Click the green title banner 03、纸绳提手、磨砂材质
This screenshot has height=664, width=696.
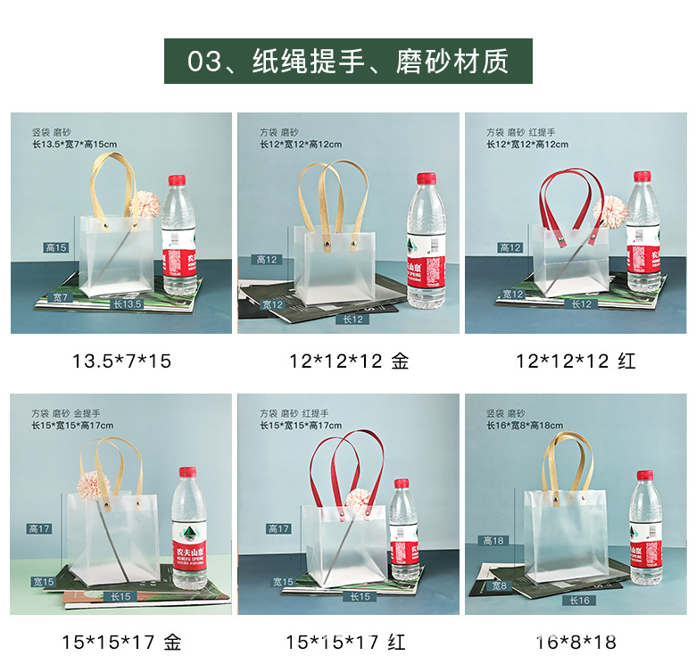click(348, 62)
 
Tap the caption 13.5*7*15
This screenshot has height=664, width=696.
click(121, 361)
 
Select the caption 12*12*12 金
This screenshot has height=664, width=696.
click(349, 361)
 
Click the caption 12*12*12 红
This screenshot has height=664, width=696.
click(576, 361)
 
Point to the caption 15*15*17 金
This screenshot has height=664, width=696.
click(121, 642)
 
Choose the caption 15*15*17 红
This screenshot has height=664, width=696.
click(349, 642)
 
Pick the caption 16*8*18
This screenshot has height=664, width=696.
click(576, 642)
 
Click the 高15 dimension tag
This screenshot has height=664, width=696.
click(56, 247)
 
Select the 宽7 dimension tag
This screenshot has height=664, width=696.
click(61, 296)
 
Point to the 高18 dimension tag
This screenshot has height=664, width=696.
click(493, 541)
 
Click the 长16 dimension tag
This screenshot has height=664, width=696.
click(580, 601)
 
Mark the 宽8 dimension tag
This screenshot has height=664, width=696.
click(499, 586)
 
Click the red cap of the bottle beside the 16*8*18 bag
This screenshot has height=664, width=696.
click(644, 477)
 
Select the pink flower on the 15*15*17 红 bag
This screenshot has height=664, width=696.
click(358, 500)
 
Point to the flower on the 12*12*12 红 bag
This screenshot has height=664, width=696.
click(609, 212)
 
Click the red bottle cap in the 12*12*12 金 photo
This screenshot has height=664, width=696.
click(427, 178)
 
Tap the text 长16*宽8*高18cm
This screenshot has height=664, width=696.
click(525, 426)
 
